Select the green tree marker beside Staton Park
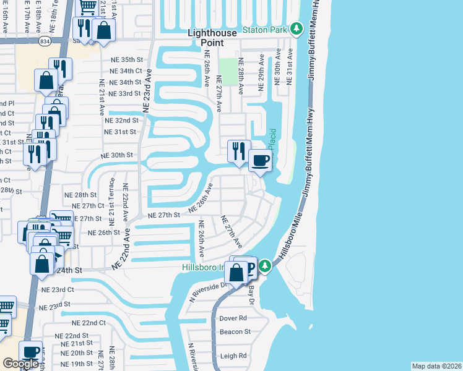tap(296, 28)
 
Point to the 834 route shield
tap(44, 41)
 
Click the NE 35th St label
tap(124, 59)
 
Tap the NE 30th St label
tap(117, 155)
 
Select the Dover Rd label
tap(233, 318)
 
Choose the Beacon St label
tap(235, 331)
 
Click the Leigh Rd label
tap(233, 356)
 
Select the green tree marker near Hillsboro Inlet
tap(265, 266)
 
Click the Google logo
tap(20, 364)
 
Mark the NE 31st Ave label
tap(288, 72)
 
